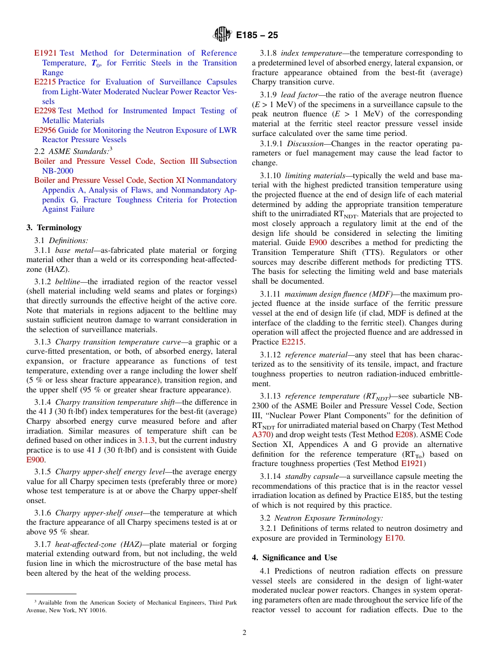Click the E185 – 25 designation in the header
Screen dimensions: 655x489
click(x=257, y=36)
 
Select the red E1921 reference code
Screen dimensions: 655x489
click(x=45, y=53)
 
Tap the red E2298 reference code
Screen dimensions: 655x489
click(x=45, y=111)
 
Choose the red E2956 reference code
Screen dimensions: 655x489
click(x=45, y=130)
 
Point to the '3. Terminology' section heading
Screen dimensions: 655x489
click(x=54, y=228)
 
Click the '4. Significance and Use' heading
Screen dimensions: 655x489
click(x=294, y=558)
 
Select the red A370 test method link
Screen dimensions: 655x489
click(x=261, y=435)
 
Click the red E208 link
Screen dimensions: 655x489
click(x=404, y=435)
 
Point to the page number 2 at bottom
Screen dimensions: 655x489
click(x=244, y=633)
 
